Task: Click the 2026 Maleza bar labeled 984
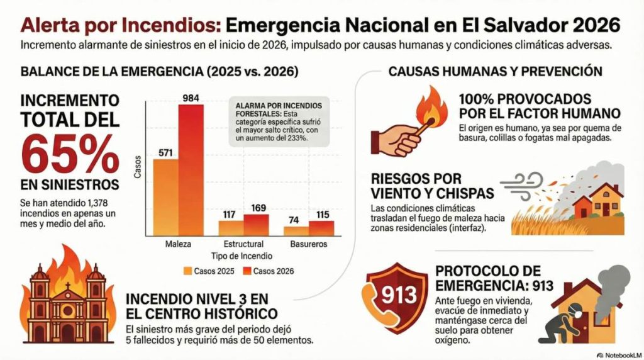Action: point(191,170)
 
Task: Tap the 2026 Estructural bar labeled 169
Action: point(256,225)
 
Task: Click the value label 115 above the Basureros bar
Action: point(323,215)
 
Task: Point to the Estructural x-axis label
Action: point(243,244)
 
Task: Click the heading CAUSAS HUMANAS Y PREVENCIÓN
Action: point(496,72)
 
